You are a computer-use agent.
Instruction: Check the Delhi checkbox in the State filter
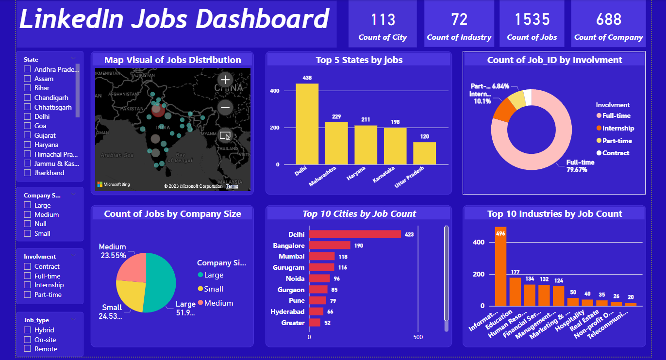28,116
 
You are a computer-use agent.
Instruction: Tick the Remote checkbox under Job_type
28,349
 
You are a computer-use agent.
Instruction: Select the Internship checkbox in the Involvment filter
28,285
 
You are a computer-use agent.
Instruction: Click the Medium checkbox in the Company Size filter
28,214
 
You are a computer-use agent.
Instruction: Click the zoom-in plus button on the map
225,80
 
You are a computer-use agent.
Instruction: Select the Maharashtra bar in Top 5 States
336,143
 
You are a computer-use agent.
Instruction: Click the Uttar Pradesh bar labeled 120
424,153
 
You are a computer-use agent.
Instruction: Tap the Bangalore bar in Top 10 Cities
330,245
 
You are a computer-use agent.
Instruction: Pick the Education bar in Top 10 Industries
515,292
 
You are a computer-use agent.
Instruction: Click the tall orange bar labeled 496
500,267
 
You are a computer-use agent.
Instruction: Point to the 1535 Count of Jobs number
532,19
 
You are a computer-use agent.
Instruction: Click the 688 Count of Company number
609,19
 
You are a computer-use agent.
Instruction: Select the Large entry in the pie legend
214,275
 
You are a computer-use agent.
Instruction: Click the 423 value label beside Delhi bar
409,234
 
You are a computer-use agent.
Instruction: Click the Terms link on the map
232,186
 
